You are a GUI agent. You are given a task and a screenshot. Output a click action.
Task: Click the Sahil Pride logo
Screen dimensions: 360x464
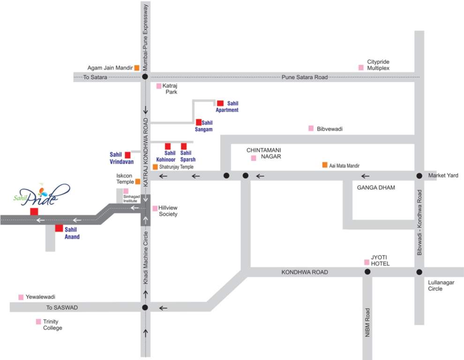(41, 195)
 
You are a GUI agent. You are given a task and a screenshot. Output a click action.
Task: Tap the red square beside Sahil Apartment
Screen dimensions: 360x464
(220, 103)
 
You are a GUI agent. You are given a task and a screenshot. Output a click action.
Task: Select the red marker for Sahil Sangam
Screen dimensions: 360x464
(199, 122)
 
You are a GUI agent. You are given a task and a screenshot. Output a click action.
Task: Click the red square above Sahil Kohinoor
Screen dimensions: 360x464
(168, 146)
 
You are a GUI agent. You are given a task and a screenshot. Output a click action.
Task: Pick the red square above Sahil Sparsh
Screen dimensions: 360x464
(184, 146)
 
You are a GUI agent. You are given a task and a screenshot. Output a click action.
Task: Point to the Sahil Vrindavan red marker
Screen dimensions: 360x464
(127, 155)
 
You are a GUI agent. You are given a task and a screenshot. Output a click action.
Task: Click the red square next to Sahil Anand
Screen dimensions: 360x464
(59, 228)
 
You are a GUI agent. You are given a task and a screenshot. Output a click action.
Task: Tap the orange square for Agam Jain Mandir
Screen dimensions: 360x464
(137, 67)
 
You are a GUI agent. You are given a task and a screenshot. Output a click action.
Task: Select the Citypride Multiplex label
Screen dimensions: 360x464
(378, 65)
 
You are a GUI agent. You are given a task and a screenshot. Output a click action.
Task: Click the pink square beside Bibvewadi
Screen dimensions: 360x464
(311, 128)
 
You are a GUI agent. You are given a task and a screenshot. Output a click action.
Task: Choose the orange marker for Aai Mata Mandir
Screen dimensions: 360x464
(324, 165)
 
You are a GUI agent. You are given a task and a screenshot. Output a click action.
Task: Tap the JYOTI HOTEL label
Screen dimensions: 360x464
(380, 261)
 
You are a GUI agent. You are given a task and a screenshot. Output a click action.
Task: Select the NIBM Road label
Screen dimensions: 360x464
(368, 324)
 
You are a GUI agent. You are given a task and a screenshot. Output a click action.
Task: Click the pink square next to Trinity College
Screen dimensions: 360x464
(38, 322)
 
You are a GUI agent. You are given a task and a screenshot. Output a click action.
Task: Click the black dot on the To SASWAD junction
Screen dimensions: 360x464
(145, 307)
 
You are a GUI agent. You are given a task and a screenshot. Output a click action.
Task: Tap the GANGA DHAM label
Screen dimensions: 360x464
(376, 187)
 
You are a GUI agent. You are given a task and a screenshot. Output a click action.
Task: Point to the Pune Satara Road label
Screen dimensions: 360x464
(305, 77)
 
